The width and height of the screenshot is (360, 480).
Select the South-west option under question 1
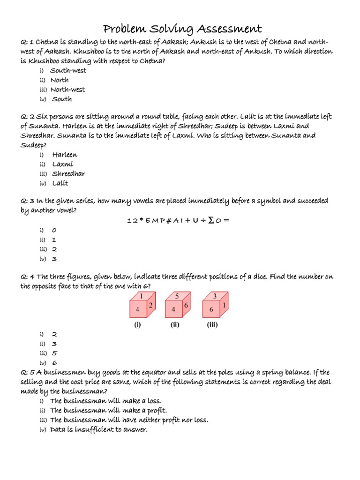coord(68,71)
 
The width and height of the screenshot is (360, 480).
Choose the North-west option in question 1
coord(68,90)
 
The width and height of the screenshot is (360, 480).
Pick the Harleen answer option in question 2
coord(65,155)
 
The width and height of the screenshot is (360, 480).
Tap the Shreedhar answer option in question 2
coord(68,173)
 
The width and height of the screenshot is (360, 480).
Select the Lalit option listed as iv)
coord(60,183)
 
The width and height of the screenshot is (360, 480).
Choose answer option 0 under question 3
coord(54,231)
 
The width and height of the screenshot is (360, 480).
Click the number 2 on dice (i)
coord(151,306)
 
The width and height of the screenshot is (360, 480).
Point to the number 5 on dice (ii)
coord(177,296)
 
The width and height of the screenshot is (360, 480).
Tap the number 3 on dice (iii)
coord(215,296)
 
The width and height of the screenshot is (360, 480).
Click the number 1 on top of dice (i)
coord(141,296)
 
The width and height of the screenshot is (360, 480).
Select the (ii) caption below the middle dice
coord(175,325)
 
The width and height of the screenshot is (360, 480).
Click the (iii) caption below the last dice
coord(212,325)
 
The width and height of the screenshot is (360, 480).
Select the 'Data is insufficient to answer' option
coord(99,429)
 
